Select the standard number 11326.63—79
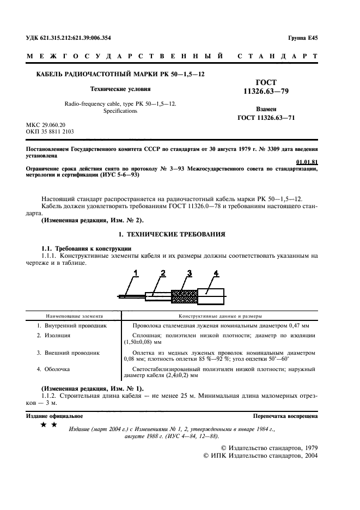tap(266, 92)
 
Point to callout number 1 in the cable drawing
tap(137, 272)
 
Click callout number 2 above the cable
tap(163, 272)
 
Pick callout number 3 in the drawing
tap(190, 272)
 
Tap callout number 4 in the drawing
tap(216, 272)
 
